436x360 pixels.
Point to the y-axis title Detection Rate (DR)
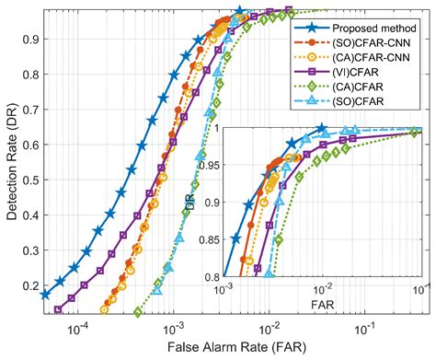pyautogui.click(x=10, y=162)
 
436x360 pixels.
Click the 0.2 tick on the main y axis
pyautogui.click(x=29, y=285)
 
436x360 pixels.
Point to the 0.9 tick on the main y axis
pyautogui.click(x=29, y=39)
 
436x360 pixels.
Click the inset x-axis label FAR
pyautogui.click(x=321, y=300)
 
